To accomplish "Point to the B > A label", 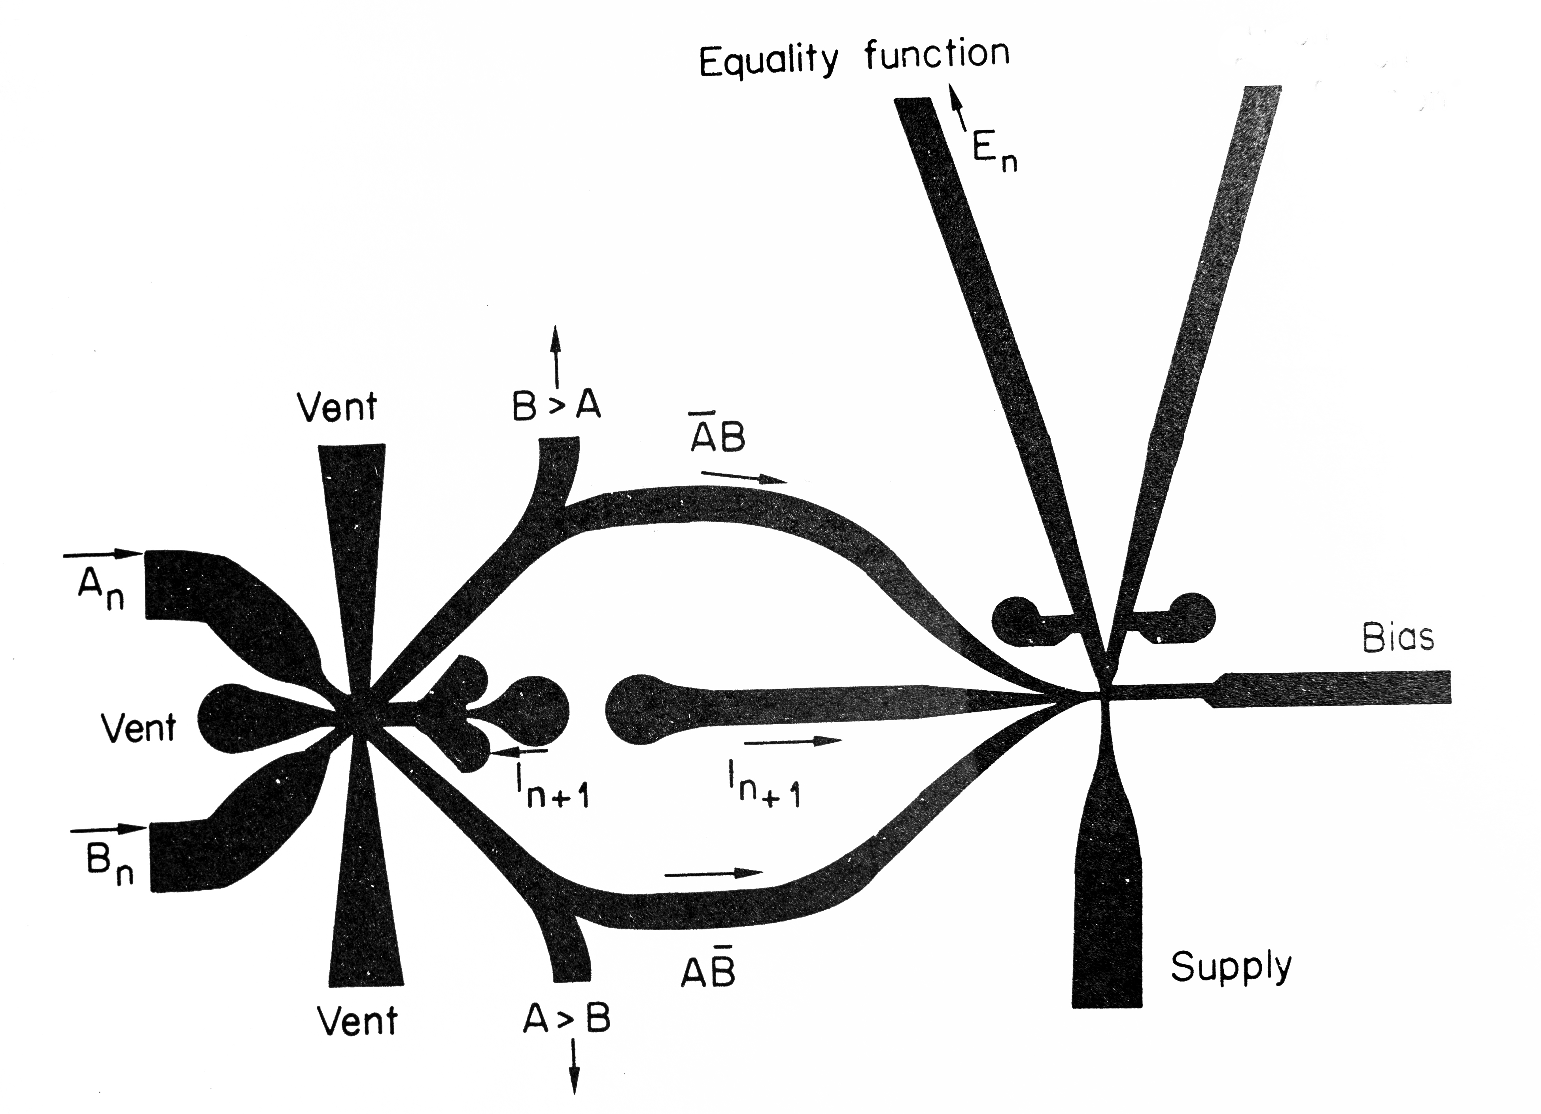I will (x=556, y=406).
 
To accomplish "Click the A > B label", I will (x=567, y=1019).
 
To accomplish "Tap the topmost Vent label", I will (x=337, y=408).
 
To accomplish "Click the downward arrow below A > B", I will (x=574, y=1067).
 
